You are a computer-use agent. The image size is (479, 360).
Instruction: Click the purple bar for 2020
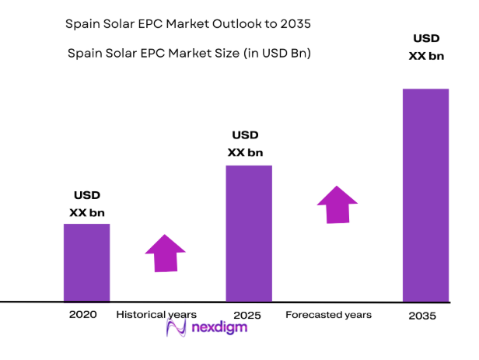point(86,262)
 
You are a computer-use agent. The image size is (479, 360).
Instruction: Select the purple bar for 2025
point(249,232)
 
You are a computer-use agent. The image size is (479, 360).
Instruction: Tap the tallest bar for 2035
point(425,194)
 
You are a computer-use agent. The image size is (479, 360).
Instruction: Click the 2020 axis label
point(82,315)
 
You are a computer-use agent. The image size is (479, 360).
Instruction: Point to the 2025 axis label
point(246,316)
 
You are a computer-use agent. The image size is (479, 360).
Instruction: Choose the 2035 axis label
point(422,316)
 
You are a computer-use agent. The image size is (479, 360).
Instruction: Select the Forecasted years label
point(328,315)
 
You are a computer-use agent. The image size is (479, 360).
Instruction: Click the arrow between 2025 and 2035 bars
point(337,204)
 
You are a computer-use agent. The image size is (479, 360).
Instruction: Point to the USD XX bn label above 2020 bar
point(87,204)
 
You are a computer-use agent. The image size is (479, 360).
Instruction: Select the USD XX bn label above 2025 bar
point(245,144)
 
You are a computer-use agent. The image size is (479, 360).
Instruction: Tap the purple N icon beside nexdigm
point(177,328)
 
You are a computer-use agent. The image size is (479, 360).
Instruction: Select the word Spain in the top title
point(80,24)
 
